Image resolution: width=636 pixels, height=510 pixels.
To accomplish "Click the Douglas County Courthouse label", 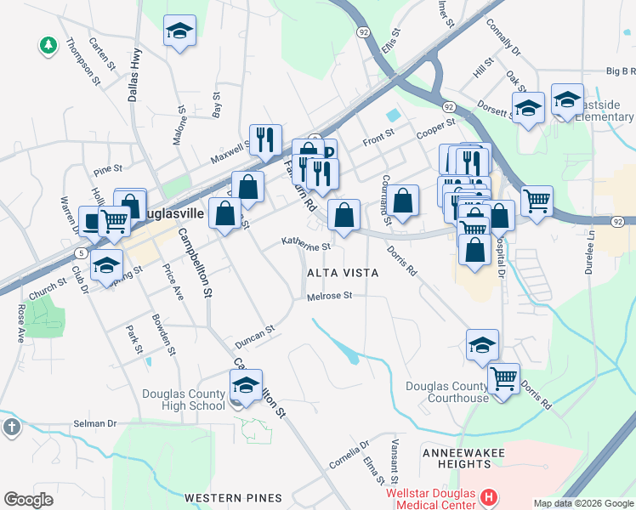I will coord(446,392).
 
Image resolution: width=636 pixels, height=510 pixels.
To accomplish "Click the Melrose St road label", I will coord(329,296).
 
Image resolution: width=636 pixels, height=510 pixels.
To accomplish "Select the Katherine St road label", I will coord(306,245).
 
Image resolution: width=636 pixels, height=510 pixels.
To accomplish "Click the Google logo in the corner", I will coord(28,499).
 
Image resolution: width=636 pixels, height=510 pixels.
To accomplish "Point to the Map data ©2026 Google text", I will coord(582,503).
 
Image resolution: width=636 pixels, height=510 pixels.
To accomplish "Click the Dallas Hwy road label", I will coord(134,75).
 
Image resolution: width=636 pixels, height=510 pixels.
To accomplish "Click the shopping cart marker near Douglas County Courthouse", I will coord(504,377).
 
